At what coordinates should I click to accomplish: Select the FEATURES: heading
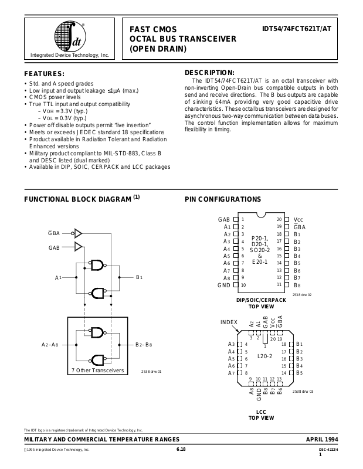point(44,74)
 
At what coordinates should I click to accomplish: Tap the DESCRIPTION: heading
point(209,72)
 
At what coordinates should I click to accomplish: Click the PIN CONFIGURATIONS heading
point(223,199)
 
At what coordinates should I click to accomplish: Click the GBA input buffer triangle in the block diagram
point(78,233)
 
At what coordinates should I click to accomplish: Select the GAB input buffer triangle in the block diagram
point(78,247)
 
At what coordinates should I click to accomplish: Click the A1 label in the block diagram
point(59,277)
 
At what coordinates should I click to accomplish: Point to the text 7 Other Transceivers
point(97,371)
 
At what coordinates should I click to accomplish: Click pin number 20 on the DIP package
point(279,219)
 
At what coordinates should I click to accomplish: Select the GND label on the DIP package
point(223,285)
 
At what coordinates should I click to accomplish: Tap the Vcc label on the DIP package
point(298,219)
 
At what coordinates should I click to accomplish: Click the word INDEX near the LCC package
point(229,322)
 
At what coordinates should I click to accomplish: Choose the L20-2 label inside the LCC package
point(265,355)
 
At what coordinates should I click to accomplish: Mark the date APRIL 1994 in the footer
point(322,440)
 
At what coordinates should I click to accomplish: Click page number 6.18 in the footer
point(181,449)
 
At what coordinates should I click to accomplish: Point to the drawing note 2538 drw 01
point(151,372)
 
